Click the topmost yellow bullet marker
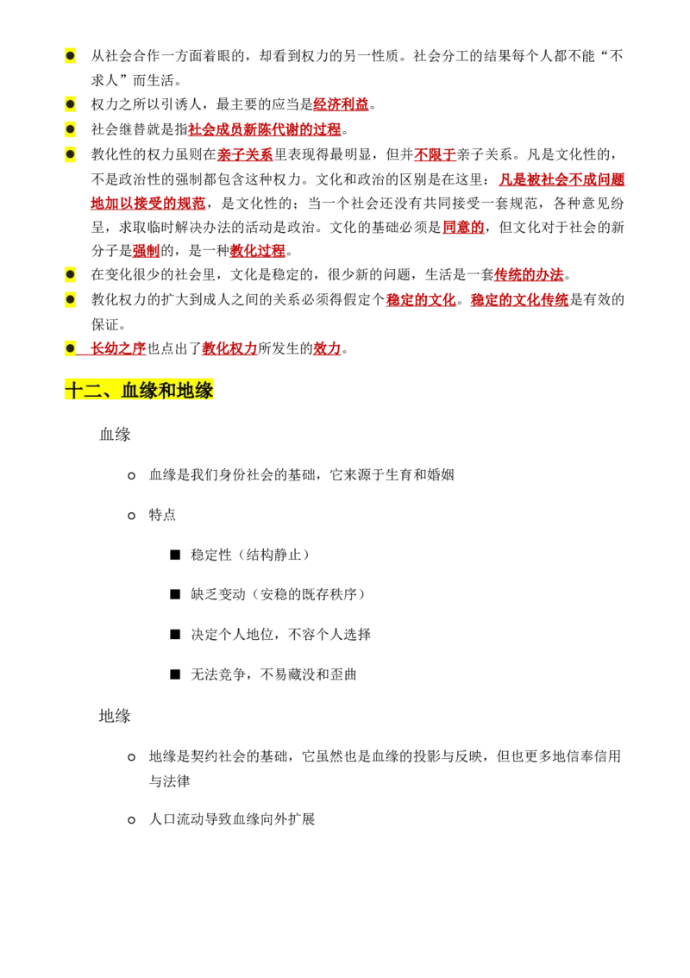tap(69, 55)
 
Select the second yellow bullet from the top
tap(69, 103)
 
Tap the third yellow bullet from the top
tap(69, 129)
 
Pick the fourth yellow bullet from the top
tap(69, 154)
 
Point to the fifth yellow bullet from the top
tap(69, 273)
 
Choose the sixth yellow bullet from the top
tap(69, 299)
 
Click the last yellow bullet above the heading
tap(69, 348)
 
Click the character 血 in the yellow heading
tap(130, 390)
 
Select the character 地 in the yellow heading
tap(185, 390)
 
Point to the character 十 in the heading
tap(74, 390)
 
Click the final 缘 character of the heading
tap(204, 390)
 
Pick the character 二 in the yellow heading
tap(92, 390)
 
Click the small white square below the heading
tap(135, 438)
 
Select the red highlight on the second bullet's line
tap(341, 105)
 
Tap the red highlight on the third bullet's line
tap(265, 129)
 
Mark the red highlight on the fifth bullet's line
tap(529, 274)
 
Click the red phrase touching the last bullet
tap(117, 348)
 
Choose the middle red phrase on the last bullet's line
tap(229, 348)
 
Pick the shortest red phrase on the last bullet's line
tap(327, 348)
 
